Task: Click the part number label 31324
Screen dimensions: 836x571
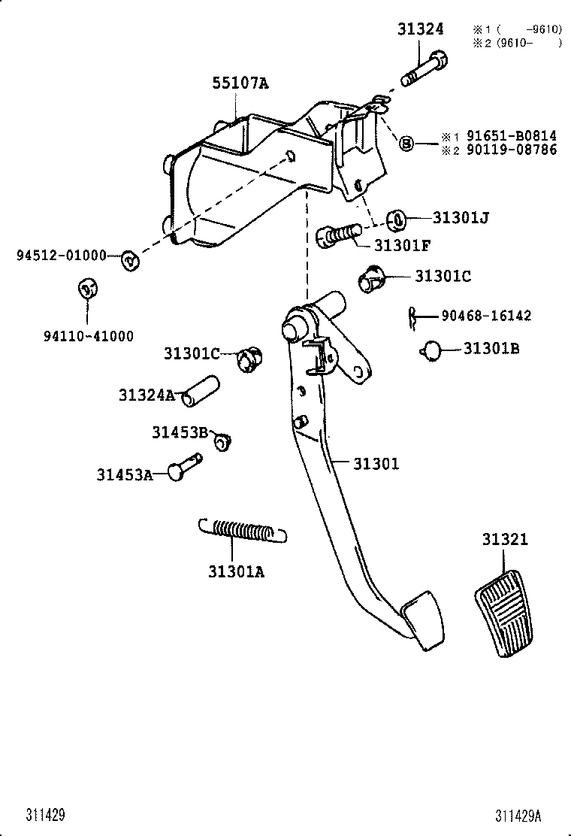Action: coord(420,29)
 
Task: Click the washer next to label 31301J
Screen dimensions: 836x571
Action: coord(397,220)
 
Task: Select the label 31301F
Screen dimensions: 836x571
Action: coord(402,244)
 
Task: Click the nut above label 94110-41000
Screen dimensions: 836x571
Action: coord(88,287)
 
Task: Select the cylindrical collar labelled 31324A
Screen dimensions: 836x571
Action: coord(202,391)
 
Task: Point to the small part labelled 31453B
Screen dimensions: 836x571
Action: coord(222,441)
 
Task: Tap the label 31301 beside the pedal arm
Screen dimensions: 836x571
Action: coord(376,464)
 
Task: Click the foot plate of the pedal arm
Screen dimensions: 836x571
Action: coord(422,619)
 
